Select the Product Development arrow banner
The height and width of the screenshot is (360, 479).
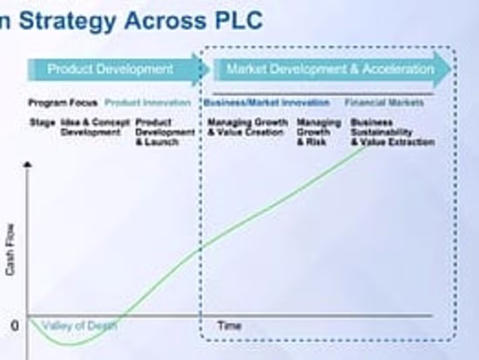(x=111, y=69)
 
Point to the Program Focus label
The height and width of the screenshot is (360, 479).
(x=63, y=103)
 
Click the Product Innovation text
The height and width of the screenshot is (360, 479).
(x=148, y=103)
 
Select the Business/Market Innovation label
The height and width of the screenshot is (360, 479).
(x=266, y=103)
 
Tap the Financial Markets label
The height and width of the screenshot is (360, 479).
(x=384, y=103)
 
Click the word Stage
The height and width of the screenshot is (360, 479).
(x=42, y=122)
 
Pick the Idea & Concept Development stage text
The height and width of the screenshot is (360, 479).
(x=94, y=127)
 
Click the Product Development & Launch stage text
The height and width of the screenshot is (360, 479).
(x=165, y=132)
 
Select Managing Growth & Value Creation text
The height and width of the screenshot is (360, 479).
(x=247, y=127)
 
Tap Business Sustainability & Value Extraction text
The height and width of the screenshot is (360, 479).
(x=392, y=132)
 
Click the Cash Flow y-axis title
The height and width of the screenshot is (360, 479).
(x=10, y=249)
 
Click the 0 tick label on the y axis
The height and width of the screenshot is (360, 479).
(x=14, y=326)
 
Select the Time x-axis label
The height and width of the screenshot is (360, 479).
(x=229, y=326)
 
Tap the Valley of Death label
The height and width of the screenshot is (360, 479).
(x=80, y=326)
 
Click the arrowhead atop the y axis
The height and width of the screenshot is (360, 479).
(x=28, y=164)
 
